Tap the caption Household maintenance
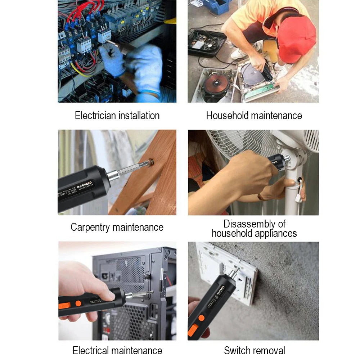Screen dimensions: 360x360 (x=254, y=116)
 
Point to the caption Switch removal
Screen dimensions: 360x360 (x=254, y=350)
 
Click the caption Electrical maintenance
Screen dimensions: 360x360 (x=117, y=350)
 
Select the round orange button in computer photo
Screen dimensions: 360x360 (x=78, y=303)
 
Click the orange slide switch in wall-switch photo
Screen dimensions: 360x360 (x=193, y=330)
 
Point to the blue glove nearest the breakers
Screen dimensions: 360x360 (x=112, y=59)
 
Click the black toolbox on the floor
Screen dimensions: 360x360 (x=206, y=43)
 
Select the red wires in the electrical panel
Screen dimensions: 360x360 (x=83, y=14)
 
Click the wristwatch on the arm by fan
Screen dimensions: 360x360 (x=259, y=196)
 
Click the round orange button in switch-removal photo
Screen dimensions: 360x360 (x=202, y=318)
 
